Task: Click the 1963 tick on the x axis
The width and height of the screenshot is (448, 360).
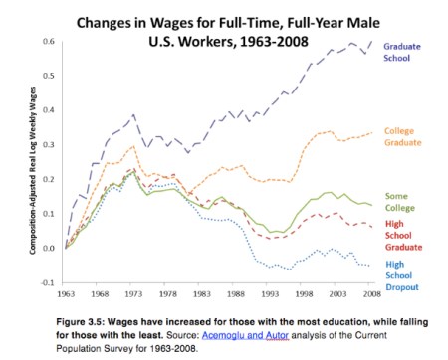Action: click(x=65, y=295)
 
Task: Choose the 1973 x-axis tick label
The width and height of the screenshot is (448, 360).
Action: click(x=132, y=295)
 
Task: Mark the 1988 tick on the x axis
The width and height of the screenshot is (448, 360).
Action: click(x=235, y=295)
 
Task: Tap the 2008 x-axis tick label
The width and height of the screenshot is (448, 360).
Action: click(x=369, y=295)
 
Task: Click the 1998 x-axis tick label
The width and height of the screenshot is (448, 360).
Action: click(x=302, y=295)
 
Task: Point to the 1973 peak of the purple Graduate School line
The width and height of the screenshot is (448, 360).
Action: click(x=132, y=115)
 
